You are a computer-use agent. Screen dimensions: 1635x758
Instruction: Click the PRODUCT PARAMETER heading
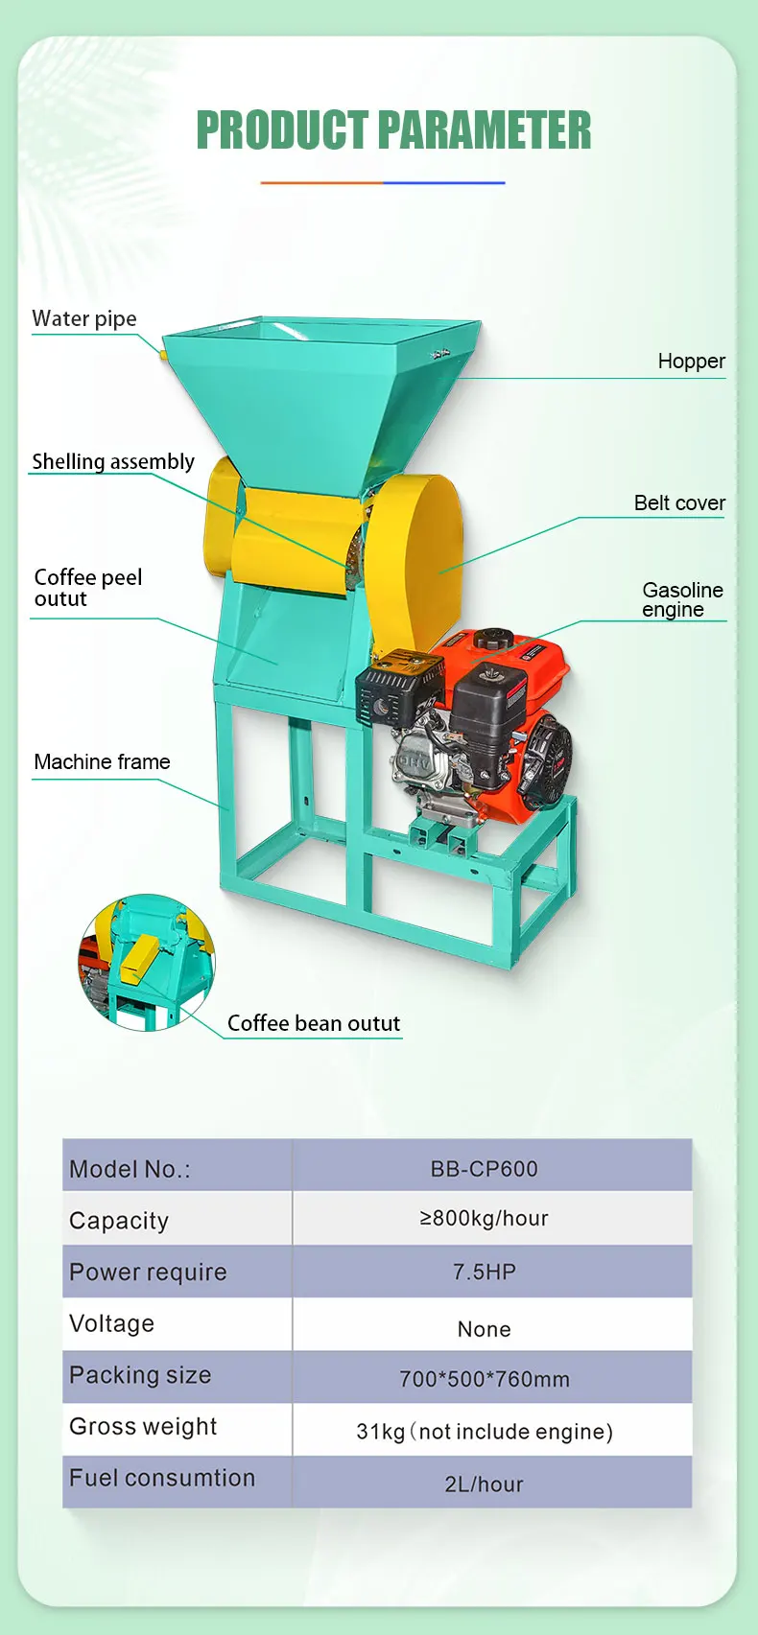pos(393,130)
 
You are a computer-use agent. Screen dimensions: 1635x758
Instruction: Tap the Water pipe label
pos(84,318)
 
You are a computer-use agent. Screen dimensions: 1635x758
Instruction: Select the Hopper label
pos(691,362)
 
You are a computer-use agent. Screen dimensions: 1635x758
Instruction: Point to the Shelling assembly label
pos(113,461)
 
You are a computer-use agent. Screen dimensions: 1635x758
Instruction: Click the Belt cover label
pos(679,502)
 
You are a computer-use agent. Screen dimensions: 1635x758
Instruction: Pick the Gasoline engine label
pos(682,599)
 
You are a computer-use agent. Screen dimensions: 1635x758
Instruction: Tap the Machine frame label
pos(102,761)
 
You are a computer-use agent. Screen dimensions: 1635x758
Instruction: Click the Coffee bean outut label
pos(314,1023)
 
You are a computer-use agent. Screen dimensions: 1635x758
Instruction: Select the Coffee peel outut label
pos(87,588)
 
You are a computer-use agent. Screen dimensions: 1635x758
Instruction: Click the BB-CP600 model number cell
pos(485,1169)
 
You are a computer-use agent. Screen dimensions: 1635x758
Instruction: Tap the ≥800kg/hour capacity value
pos(485,1219)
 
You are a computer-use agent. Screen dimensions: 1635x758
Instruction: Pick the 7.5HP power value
pos(485,1273)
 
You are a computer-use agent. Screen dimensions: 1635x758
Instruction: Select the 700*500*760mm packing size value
pos(485,1379)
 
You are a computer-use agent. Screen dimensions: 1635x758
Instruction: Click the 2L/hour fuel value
pos(485,1484)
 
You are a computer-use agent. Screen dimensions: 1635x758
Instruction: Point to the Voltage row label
pos(111,1323)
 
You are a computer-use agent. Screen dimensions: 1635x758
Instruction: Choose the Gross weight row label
pos(143,1426)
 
